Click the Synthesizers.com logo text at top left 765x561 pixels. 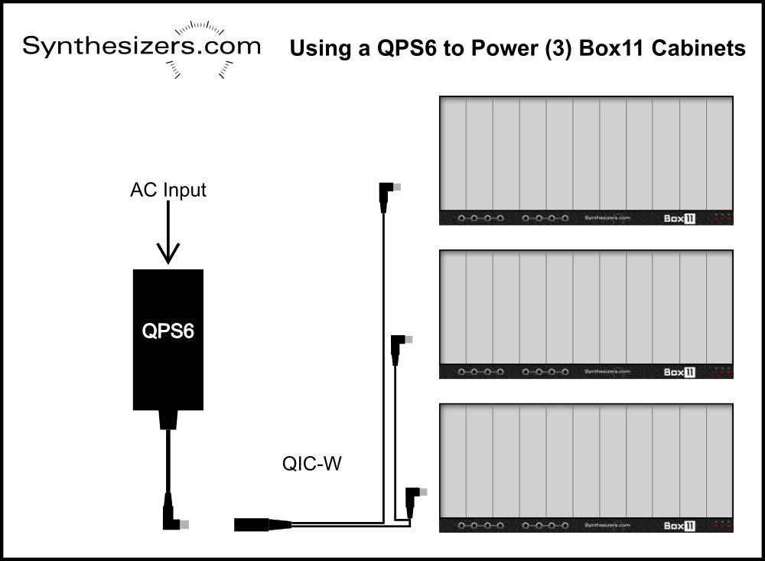pos(141,46)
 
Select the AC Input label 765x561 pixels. pos(168,190)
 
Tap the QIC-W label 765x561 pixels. pos(310,463)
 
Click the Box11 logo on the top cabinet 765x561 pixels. pos(679,218)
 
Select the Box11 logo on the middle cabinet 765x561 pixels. pos(679,372)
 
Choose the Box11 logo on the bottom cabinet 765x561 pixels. pos(679,526)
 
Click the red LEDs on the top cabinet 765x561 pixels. pos(722,218)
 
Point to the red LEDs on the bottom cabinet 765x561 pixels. pos(722,526)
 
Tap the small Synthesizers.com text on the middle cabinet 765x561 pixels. pos(607,372)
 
